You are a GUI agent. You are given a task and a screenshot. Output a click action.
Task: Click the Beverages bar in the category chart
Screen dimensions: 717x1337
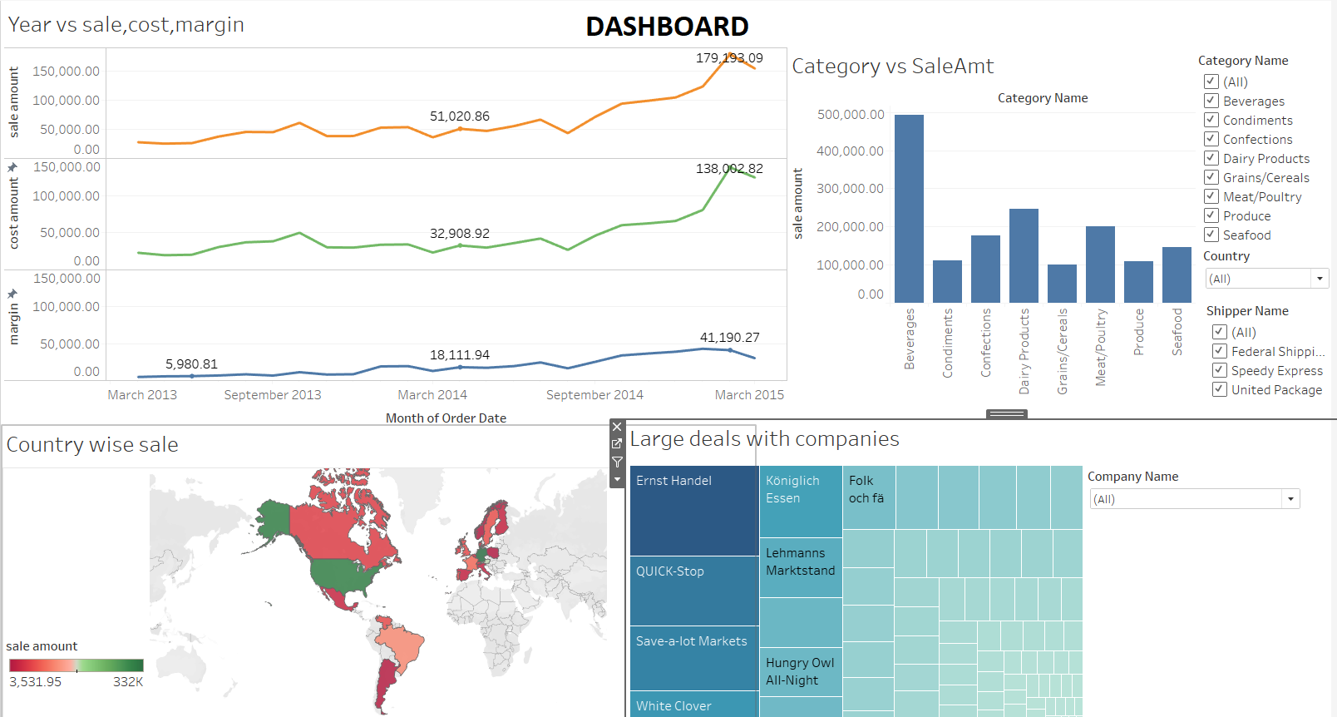[x=909, y=209]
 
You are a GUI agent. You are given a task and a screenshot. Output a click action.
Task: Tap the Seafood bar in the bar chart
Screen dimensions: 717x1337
[x=1177, y=274]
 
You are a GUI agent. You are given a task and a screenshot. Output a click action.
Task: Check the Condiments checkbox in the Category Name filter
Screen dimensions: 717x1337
[x=1211, y=120]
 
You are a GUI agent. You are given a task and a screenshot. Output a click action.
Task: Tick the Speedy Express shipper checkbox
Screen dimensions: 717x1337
[x=1220, y=370]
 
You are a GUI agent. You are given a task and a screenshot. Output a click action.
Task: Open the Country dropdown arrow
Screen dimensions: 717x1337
[x=1320, y=279]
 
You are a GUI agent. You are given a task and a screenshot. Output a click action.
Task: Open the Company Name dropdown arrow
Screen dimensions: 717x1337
[x=1290, y=499]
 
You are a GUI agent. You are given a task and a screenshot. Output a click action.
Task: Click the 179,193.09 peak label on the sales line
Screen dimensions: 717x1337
[x=729, y=58]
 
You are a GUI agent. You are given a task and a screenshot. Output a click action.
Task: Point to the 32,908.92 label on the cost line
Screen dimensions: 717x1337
[x=459, y=234]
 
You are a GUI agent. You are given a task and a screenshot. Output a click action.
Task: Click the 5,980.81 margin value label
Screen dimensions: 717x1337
[x=191, y=364]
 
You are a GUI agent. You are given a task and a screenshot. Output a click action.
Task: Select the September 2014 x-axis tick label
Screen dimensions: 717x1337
[x=594, y=395]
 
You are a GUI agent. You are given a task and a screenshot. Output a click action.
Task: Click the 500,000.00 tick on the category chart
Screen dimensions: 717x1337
[x=850, y=115]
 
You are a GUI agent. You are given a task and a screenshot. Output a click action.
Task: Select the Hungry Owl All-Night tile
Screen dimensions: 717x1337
[x=800, y=672]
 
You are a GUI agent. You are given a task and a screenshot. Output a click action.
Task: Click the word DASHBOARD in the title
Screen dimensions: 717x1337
[x=667, y=27]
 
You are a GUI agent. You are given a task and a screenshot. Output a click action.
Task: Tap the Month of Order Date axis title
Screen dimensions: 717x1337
[x=446, y=418]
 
